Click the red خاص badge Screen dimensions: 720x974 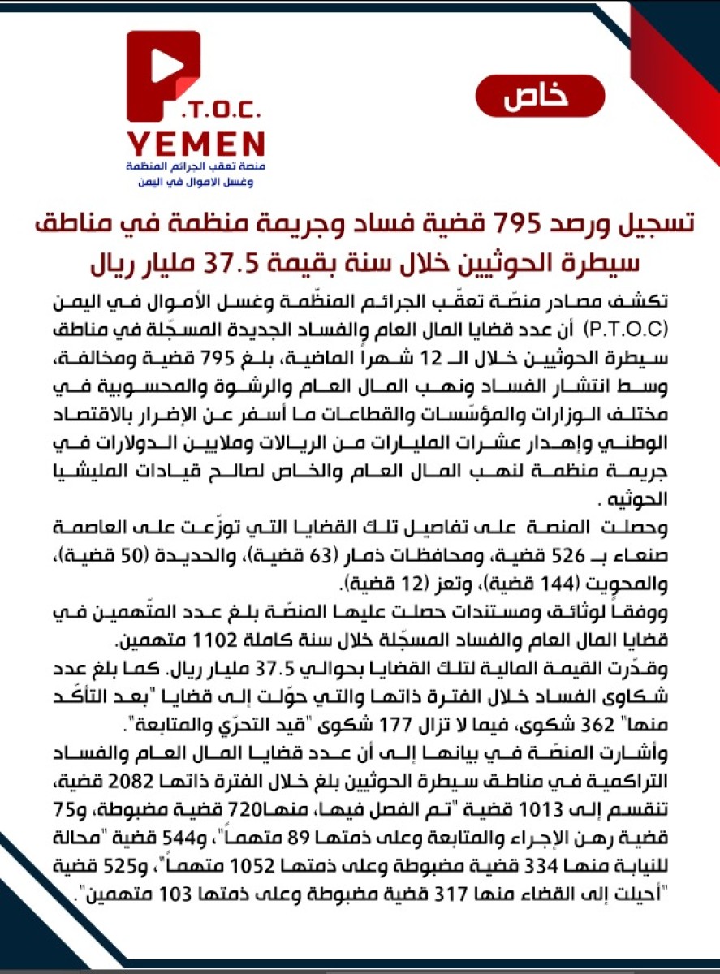[540, 96]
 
